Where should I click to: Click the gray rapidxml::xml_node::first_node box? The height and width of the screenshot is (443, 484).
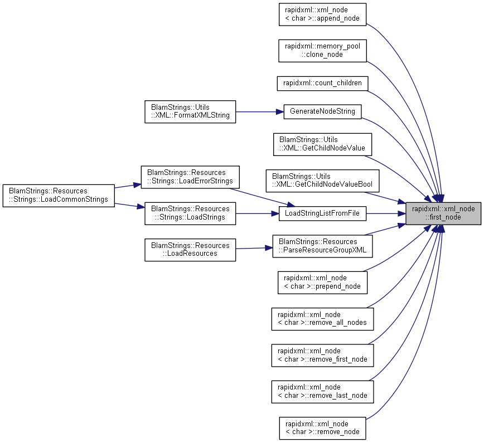click(443, 213)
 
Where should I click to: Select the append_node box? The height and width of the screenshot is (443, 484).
click(322, 14)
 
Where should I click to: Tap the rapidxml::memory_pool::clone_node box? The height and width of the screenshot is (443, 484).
click(322, 51)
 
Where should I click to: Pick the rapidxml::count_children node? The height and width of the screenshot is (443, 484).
click(322, 84)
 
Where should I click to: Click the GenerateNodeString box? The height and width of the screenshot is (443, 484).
click(322, 111)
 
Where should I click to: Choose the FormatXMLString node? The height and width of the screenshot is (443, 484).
click(190, 111)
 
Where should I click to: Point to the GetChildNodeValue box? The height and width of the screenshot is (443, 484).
click(322, 144)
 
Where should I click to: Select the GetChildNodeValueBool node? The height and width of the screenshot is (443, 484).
click(322, 181)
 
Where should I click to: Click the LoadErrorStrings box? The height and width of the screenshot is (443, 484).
click(190, 177)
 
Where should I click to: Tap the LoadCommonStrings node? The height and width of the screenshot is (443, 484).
click(59, 196)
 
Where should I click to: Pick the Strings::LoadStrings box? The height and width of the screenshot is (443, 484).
click(190, 213)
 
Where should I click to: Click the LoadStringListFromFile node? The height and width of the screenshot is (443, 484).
click(322, 213)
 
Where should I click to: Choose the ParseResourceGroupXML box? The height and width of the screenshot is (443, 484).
click(322, 246)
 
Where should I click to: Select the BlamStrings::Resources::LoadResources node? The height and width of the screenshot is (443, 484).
click(190, 250)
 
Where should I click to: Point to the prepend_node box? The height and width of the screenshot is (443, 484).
click(322, 283)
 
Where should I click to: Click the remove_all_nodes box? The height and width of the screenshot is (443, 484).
click(322, 319)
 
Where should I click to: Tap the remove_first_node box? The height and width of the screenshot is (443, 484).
click(322, 356)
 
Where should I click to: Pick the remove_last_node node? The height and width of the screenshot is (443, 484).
click(322, 392)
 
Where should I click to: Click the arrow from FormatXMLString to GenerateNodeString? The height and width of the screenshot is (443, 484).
click(260, 111)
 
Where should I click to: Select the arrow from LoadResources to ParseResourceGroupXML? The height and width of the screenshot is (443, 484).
click(254, 248)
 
